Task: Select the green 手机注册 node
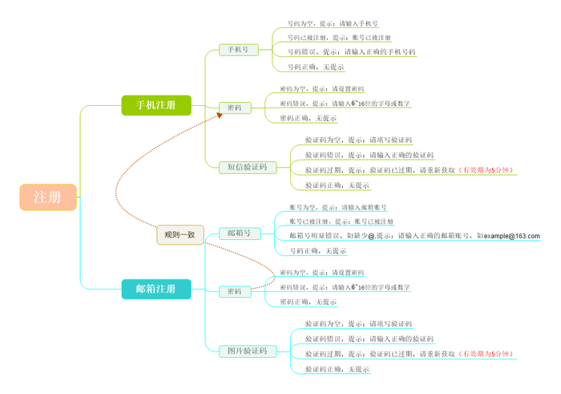point(156,105)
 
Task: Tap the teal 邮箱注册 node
point(156,289)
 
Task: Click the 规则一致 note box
point(180,234)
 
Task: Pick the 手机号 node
point(239,50)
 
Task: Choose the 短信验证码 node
point(247,168)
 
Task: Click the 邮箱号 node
point(240,234)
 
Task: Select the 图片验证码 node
point(247,351)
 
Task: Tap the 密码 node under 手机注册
point(235,108)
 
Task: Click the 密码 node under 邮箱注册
point(235,291)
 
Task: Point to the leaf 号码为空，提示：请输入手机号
point(333,24)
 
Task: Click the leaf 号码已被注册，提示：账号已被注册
point(339,38)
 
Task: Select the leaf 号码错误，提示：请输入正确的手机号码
point(351,52)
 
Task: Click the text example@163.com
point(511,236)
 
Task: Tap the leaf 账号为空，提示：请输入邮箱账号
point(337,208)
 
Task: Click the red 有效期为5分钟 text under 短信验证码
point(486,170)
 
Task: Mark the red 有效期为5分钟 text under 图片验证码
point(486,353)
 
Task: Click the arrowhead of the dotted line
point(219,116)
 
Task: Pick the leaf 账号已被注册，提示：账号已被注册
point(341,221)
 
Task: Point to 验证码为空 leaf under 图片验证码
point(358,324)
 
